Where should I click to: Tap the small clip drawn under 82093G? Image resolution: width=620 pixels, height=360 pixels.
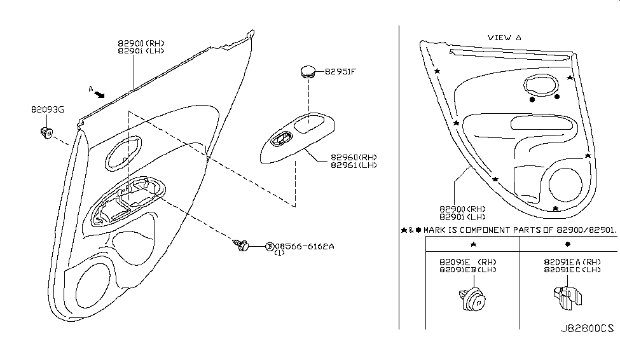46,134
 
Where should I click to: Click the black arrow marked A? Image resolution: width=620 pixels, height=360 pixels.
99,94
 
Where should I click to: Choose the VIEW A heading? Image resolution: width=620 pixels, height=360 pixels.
504,38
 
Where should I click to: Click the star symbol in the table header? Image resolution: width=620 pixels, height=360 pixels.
472,244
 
